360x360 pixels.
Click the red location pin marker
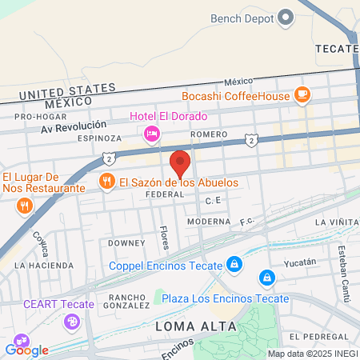(x=180, y=163)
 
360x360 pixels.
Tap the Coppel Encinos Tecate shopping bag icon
(x=233, y=263)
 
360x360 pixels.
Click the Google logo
(x=26, y=350)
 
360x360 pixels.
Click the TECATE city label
(x=336, y=48)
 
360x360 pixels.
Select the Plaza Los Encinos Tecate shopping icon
(x=266, y=278)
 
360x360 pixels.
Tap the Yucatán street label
(x=301, y=262)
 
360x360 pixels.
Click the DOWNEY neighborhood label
(x=126, y=242)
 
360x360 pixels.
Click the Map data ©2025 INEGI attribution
(x=311, y=354)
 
